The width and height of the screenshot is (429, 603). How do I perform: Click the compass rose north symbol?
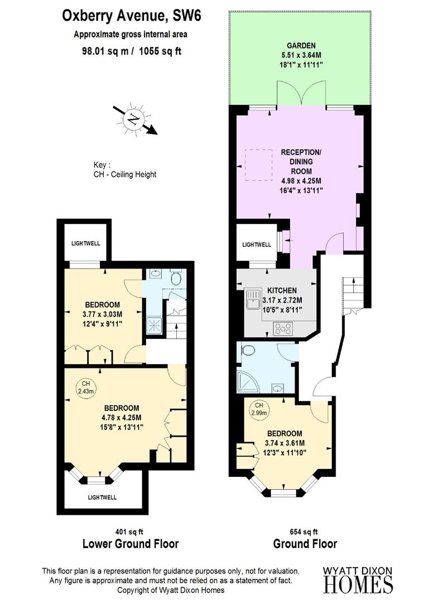click(133, 118)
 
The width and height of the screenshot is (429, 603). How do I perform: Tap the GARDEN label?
click(301, 45)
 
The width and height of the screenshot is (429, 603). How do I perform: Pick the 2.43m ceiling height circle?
click(86, 387)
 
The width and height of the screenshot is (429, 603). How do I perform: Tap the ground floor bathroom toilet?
click(249, 351)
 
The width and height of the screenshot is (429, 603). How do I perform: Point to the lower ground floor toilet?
click(176, 277)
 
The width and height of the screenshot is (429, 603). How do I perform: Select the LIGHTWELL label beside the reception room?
click(257, 245)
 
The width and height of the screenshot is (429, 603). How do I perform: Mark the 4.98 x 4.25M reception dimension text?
click(301, 181)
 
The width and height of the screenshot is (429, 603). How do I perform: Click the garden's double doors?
click(301, 94)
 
